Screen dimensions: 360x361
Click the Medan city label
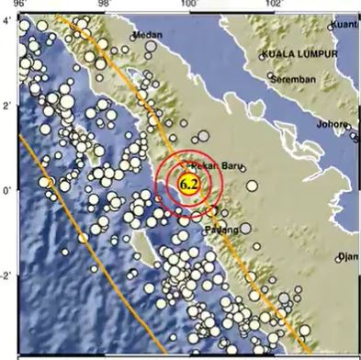(147, 35)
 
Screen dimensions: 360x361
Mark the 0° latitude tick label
(6, 191)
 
